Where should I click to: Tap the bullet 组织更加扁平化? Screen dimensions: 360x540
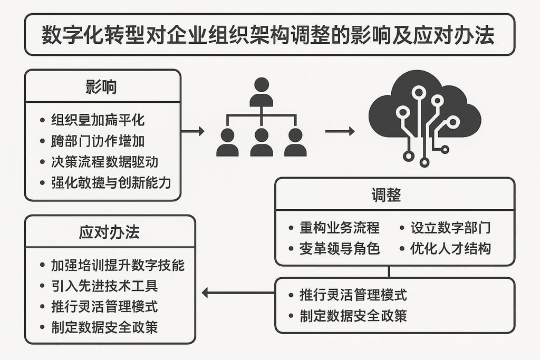point(98,119)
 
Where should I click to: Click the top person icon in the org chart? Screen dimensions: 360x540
point(261,93)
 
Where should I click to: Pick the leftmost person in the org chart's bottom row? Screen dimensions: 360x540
point(227,142)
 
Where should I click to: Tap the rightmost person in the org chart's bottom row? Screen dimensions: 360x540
point(295,142)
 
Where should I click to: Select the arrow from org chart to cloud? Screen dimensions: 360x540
point(340,131)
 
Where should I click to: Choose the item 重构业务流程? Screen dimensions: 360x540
point(340,228)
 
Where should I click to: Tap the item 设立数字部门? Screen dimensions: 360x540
point(450,228)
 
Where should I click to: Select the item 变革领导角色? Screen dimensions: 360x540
point(340,249)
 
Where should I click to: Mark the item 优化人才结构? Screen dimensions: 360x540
point(450,249)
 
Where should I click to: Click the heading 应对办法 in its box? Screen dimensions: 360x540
point(109,232)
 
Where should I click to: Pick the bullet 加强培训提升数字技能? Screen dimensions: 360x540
point(118,265)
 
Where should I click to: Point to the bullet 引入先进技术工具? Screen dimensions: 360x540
point(104,286)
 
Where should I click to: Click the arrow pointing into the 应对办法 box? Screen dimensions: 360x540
point(238,293)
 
